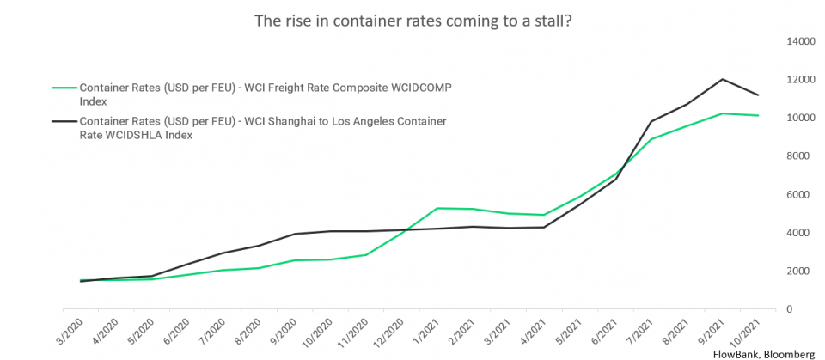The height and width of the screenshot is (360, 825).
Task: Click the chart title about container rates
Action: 412,20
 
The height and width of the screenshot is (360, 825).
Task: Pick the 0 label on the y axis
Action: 803,309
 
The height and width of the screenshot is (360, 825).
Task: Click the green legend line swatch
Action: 64,88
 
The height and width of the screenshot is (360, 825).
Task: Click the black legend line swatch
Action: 64,121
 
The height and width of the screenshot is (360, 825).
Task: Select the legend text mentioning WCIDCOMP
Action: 266,95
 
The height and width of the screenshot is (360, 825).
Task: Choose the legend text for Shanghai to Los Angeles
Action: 263,127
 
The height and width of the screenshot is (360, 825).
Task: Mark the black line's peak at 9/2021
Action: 722,79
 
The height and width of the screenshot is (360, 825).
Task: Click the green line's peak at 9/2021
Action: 722,113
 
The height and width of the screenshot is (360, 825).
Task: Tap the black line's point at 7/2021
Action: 651,121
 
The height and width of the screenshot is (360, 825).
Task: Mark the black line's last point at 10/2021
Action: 757,95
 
